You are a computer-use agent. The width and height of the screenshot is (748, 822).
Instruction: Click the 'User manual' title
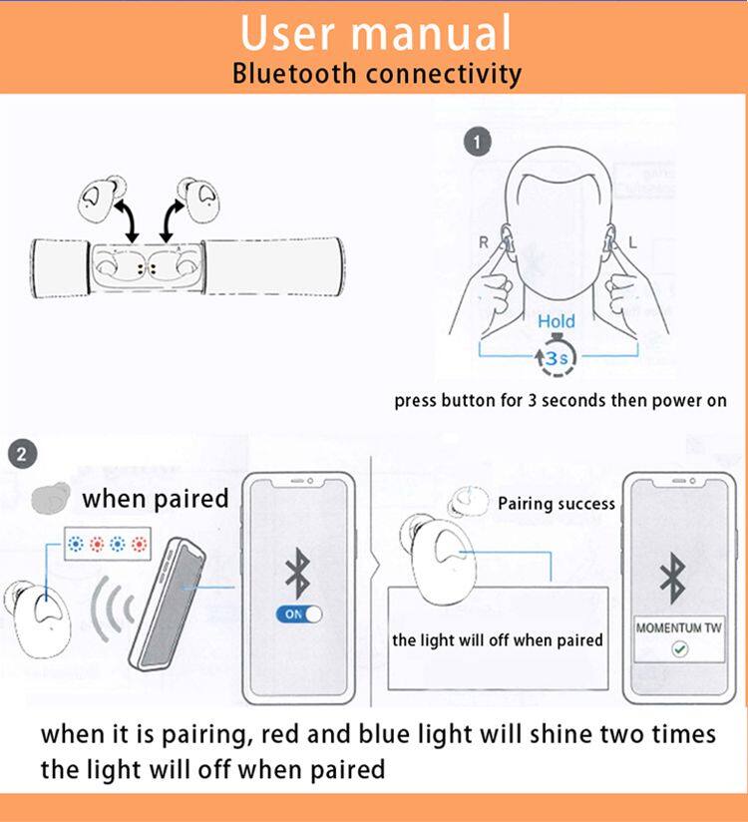pyautogui.click(x=375, y=32)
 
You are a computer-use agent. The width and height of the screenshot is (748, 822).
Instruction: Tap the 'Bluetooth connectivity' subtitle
pyautogui.click(x=376, y=74)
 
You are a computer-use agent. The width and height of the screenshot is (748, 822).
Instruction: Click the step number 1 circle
pyautogui.click(x=481, y=142)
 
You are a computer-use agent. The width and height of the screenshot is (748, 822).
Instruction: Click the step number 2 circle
pyautogui.click(x=23, y=455)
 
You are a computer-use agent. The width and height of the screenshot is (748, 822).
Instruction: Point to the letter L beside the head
pyautogui.click(x=633, y=242)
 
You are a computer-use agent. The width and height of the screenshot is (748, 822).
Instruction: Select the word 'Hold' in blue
pyautogui.click(x=556, y=321)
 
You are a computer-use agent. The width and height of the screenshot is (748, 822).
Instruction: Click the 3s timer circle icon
pyautogui.click(x=556, y=357)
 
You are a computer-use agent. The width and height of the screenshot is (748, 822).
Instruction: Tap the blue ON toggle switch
pyautogui.click(x=300, y=615)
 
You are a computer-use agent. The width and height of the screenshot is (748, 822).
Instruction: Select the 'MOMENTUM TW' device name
pyautogui.click(x=678, y=628)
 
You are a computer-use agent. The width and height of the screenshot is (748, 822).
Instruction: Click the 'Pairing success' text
pyautogui.click(x=557, y=504)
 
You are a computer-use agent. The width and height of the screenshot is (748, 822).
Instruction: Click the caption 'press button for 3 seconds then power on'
pyautogui.click(x=561, y=402)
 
